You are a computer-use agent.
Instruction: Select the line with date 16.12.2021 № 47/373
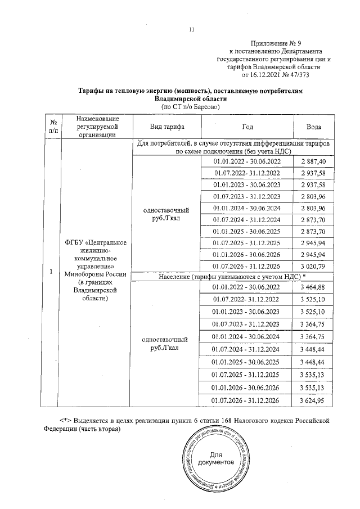275,74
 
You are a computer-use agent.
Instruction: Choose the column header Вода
314,127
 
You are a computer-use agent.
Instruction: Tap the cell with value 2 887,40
314,161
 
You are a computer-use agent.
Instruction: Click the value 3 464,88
314,287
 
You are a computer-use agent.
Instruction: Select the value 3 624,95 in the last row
314,400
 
